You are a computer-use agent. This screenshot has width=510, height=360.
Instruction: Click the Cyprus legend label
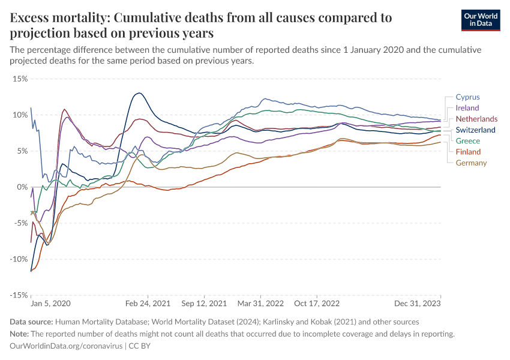(467, 97)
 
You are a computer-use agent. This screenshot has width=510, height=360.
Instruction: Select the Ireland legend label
(467, 108)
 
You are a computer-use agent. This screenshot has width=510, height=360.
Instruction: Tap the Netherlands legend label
(476, 119)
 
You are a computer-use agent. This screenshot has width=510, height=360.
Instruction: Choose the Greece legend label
(468, 141)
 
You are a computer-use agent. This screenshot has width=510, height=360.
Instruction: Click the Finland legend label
(468, 152)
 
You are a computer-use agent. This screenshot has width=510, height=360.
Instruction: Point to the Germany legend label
(471, 163)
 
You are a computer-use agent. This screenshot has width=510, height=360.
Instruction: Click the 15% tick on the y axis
(20, 79)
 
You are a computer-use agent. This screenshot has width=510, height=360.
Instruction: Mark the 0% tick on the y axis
(22, 187)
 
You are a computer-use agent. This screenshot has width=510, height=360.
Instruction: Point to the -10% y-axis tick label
(19, 259)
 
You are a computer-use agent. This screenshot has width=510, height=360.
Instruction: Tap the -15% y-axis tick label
(19, 295)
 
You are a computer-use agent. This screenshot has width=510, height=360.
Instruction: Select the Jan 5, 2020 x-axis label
(51, 304)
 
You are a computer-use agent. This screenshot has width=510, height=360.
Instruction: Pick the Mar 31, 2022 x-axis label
(261, 304)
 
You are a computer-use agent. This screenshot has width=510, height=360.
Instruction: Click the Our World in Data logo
(481, 19)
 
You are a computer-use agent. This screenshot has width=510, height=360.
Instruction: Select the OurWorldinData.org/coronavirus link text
(67, 346)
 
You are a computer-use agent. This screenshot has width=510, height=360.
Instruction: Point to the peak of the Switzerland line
(139, 93)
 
